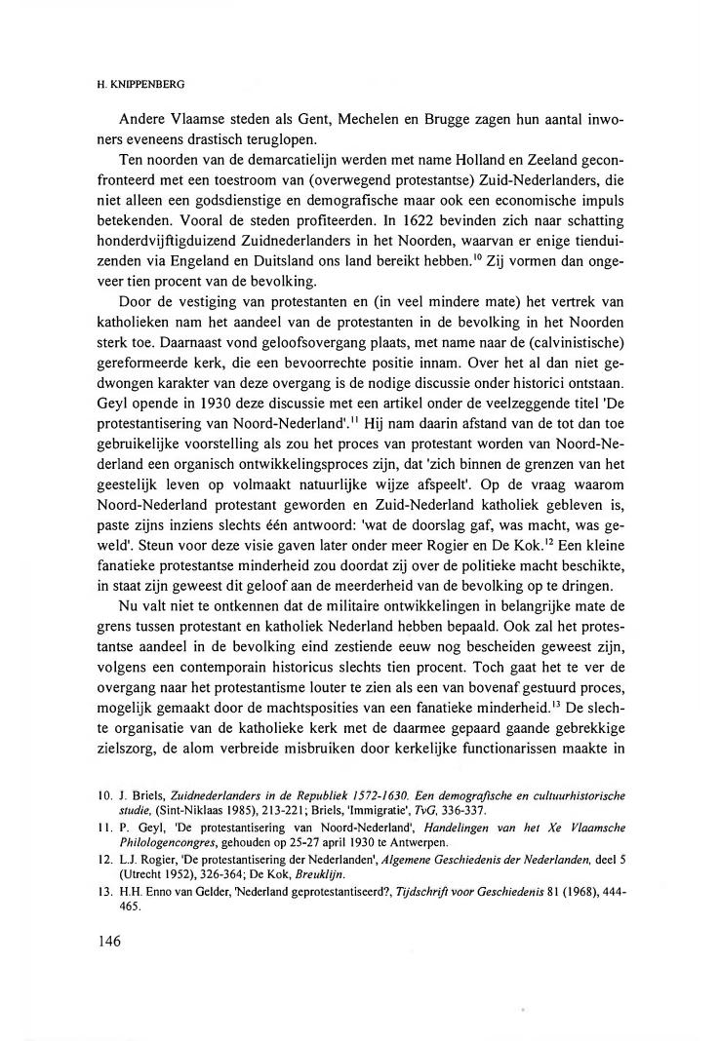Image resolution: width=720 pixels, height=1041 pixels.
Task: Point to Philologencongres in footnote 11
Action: tap(171, 841)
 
